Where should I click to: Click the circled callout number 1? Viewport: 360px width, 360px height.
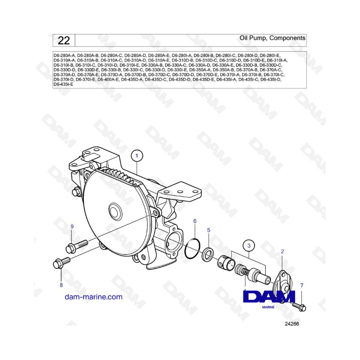click(x=137, y=156)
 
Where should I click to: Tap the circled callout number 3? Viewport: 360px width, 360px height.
click(x=249, y=246)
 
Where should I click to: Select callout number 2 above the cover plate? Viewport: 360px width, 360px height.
click(x=282, y=252)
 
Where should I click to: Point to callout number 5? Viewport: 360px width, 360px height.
click(x=209, y=230)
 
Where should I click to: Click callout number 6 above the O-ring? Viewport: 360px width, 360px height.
click(x=195, y=221)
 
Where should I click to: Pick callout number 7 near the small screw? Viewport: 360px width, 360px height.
click(x=302, y=285)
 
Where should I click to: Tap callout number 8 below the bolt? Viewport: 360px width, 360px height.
click(x=61, y=285)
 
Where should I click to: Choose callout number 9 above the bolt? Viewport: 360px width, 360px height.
click(x=72, y=227)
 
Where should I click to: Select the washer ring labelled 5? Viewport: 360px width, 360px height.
click(x=207, y=254)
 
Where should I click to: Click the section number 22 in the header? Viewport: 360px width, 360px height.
click(x=64, y=41)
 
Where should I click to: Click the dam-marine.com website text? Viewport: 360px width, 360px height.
click(x=94, y=297)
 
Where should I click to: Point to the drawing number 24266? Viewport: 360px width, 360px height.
click(x=292, y=324)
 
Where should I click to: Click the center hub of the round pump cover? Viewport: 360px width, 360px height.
click(x=115, y=211)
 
